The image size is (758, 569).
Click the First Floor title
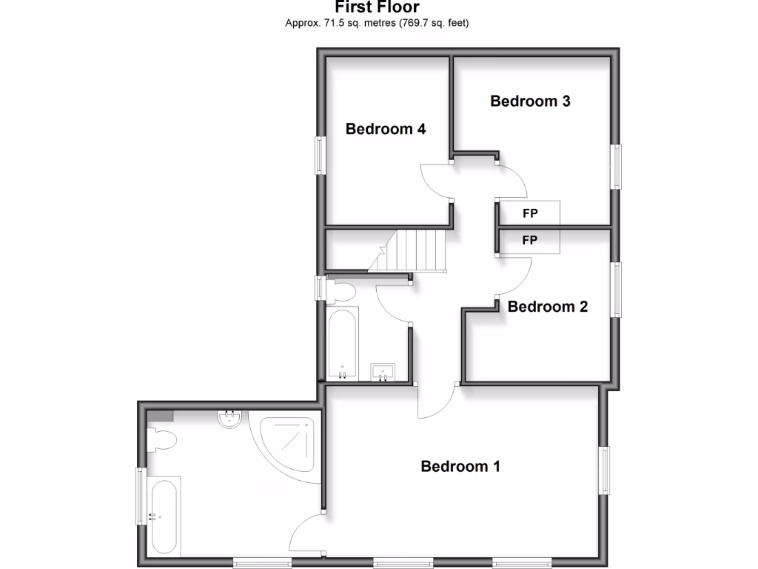[378, 7]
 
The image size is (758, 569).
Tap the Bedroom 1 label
[460, 467]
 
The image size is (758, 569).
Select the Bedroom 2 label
[548, 307]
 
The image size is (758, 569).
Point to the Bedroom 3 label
[530, 102]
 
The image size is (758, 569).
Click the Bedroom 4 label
[386, 129]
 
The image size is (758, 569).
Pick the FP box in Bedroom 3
[529, 213]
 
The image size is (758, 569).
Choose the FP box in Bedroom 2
[529, 241]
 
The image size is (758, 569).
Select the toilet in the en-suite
[162, 440]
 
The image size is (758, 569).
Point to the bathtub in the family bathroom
[342, 344]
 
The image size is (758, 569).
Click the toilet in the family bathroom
[339, 290]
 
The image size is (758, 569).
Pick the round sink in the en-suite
[230, 419]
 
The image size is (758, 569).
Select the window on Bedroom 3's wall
[616, 166]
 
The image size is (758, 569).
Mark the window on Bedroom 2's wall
[616, 290]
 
